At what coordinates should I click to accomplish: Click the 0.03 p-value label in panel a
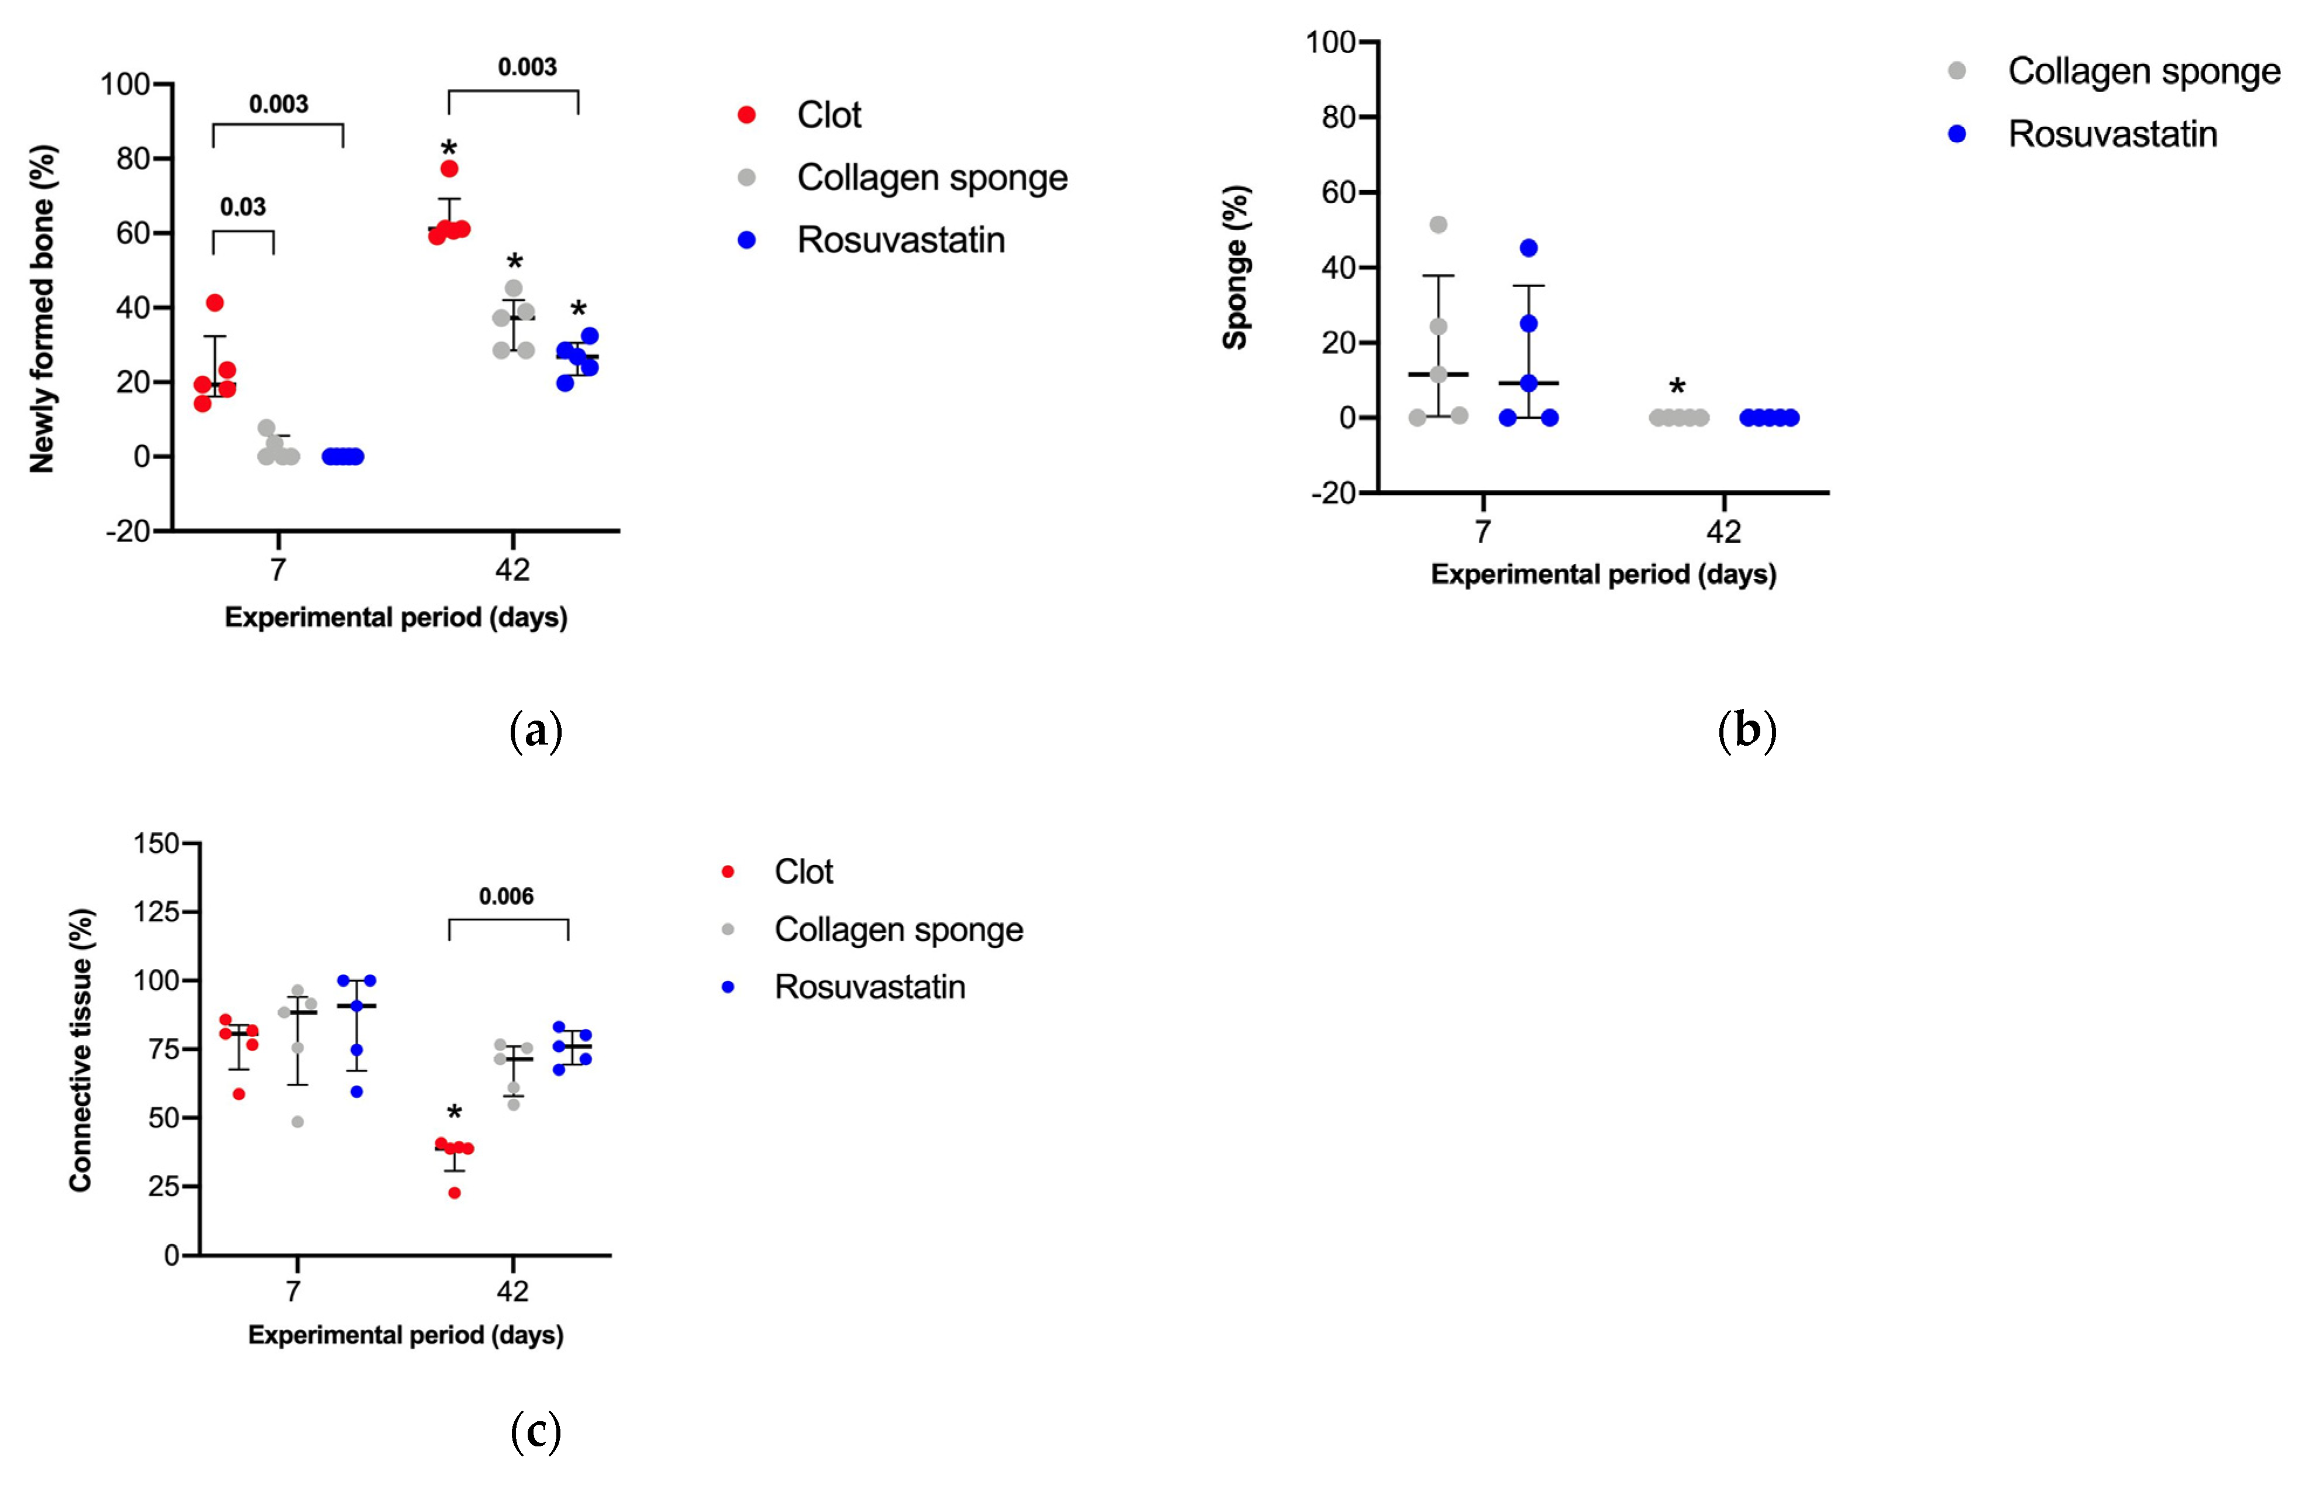point(242,207)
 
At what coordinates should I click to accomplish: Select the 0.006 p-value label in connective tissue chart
point(505,897)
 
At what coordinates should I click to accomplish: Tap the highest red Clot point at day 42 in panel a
point(449,169)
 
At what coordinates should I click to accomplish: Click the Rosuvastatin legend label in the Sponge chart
point(2111,134)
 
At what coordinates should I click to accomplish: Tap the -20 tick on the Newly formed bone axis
point(128,531)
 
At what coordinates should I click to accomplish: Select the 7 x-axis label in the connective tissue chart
point(293,1290)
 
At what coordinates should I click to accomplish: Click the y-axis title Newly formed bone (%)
point(43,309)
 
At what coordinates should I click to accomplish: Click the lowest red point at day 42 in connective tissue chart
point(454,1193)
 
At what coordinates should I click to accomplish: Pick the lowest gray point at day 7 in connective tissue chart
point(297,1121)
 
